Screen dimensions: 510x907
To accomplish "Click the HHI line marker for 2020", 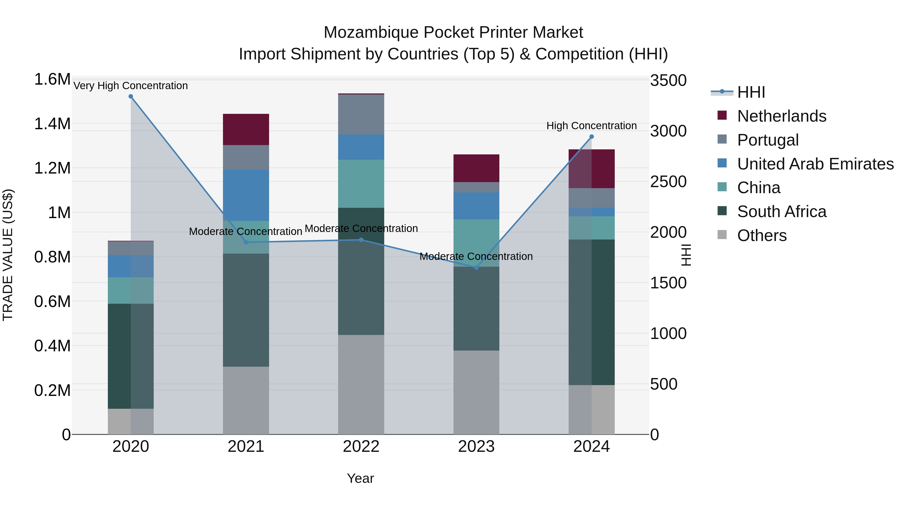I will tap(131, 96).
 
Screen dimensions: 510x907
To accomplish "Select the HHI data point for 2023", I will tap(476, 267).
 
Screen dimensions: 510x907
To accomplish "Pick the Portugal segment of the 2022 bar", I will tap(361, 114).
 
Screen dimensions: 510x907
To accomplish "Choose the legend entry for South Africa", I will tap(781, 212).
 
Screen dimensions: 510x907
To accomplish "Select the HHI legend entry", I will tap(751, 92).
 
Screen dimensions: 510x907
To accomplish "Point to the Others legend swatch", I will tap(722, 235).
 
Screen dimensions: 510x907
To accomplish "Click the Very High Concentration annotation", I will tap(131, 86).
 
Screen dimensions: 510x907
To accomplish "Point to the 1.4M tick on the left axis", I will tap(52, 124).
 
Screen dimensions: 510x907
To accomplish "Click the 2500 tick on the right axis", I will tap(668, 182).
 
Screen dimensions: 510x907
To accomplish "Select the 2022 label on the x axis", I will tap(361, 447).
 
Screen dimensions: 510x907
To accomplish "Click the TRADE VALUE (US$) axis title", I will tap(8, 255).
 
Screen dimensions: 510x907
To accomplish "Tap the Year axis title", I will tap(360, 478).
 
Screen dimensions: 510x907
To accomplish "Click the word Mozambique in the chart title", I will tap(371, 32).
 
